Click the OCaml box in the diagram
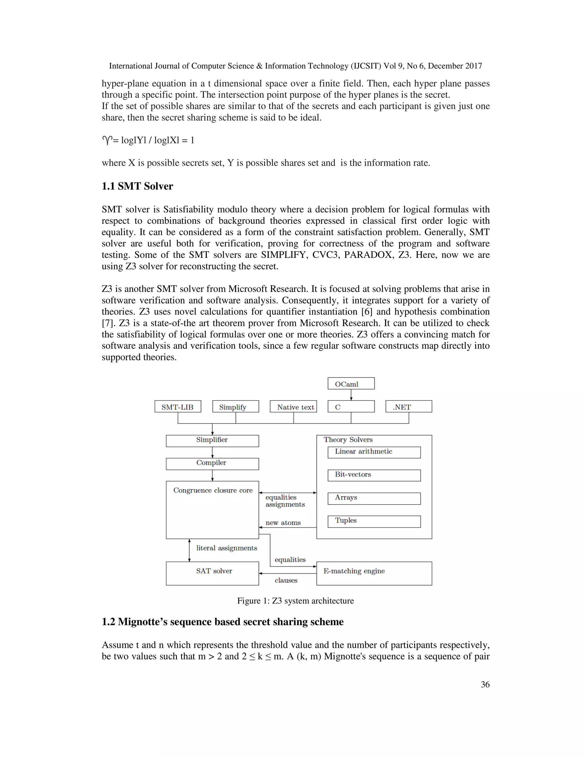click(x=351, y=384)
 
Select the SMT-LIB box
click(x=177, y=406)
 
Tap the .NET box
click(x=408, y=406)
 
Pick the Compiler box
click(x=212, y=464)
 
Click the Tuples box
click(x=374, y=521)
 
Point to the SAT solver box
click(x=212, y=573)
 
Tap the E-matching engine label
click(x=354, y=571)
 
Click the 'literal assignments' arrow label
click(x=227, y=548)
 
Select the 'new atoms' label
click(x=283, y=523)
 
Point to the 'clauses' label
click(x=286, y=580)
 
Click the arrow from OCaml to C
click(x=351, y=395)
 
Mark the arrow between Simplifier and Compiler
click(x=213, y=452)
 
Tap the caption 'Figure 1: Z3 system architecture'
click(x=295, y=601)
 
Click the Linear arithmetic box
click(x=374, y=452)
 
